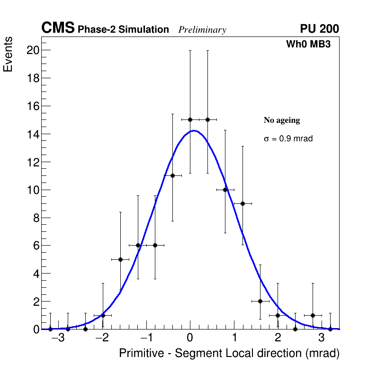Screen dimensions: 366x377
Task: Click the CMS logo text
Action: click(58, 28)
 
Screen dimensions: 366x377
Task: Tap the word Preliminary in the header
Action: click(202, 30)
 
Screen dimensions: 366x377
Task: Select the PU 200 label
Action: click(319, 29)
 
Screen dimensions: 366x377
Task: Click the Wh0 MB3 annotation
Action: click(308, 45)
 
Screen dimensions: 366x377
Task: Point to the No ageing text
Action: click(282, 120)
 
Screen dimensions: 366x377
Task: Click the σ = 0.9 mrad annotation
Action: click(288, 139)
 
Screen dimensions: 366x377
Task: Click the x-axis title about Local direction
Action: click(229, 353)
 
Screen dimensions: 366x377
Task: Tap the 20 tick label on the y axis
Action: click(32, 50)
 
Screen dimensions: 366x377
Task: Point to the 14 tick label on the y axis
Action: click(32, 134)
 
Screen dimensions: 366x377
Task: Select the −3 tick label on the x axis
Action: click(58, 339)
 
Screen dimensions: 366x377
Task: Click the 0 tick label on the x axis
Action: click(190, 339)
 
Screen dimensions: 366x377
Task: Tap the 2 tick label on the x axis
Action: click(278, 339)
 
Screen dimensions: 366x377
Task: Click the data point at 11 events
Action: click(172, 175)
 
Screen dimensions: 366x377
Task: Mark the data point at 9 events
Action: click(242, 203)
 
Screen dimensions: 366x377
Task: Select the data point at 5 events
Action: click(120, 259)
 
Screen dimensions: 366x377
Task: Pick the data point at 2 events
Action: click(260, 301)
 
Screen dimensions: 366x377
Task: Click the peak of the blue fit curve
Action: click(194, 131)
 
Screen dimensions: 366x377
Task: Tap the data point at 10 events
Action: click(225, 190)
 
